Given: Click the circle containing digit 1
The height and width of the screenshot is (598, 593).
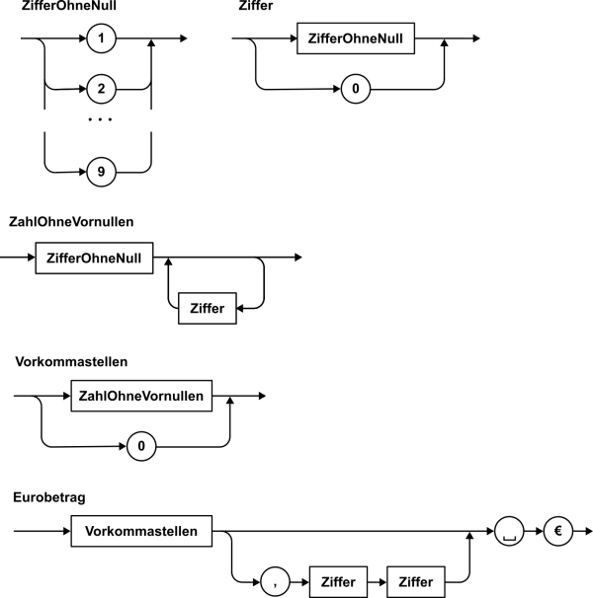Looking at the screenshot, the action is click(101, 38).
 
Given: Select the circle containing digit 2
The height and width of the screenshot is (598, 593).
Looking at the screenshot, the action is click(101, 89).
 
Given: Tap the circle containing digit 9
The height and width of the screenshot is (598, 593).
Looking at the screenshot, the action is click(101, 172).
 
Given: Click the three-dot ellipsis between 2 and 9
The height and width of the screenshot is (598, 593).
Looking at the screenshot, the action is click(100, 119).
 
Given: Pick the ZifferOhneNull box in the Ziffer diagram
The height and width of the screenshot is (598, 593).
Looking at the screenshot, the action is click(356, 38).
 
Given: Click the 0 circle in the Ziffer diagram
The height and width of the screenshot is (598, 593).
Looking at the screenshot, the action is click(356, 89).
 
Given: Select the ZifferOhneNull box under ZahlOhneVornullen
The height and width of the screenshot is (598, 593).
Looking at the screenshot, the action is click(94, 259).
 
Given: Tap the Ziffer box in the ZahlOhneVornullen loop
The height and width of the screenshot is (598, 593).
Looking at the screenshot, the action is click(208, 309).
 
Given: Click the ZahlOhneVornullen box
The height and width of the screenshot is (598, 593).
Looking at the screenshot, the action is click(141, 396).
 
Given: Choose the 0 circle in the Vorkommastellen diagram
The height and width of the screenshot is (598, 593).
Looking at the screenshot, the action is click(141, 446).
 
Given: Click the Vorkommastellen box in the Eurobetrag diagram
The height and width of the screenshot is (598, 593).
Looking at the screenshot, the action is click(141, 531).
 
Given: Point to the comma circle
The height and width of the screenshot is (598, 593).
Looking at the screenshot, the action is click(275, 582).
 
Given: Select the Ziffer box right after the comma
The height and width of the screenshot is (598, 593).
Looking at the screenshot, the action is click(338, 582).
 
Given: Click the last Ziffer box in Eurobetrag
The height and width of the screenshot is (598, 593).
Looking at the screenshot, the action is click(416, 582).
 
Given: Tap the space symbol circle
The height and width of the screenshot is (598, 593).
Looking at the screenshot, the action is click(509, 531).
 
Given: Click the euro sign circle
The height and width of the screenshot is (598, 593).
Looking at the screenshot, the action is click(558, 531).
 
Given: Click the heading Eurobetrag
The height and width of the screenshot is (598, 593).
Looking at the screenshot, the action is click(49, 497).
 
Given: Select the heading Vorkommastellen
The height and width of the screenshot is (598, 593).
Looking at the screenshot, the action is click(71, 361).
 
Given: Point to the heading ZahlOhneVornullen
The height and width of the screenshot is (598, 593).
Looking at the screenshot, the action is click(71, 222).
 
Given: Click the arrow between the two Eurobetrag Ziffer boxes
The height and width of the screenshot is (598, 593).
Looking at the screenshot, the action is click(378, 582).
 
